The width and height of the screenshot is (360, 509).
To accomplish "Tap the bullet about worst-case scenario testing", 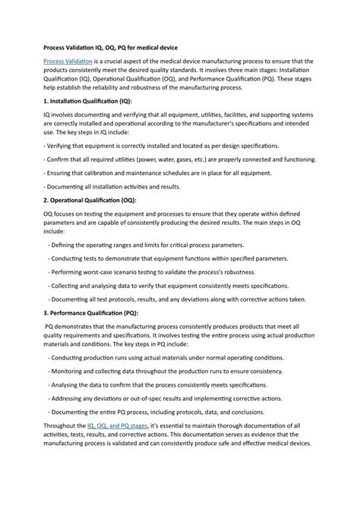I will (x=155, y=271).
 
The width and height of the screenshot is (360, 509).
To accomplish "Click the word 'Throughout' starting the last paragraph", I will (x=65, y=425).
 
